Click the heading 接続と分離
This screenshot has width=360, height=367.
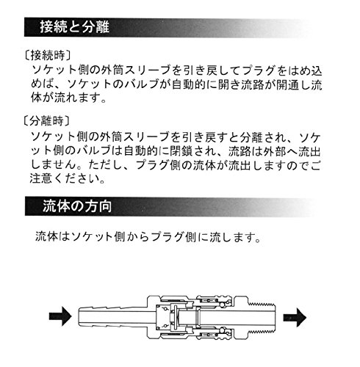click(x=75, y=26)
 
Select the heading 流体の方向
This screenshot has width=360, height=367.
click(x=77, y=206)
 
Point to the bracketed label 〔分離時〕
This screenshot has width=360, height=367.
click(x=46, y=121)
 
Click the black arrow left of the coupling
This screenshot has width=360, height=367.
click(x=60, y=316)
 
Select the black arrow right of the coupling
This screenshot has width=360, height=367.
click(x=295, y=317)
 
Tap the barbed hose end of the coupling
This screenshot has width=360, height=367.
click(x=112, y=316)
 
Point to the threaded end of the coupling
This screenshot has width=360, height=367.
click(x=262, y=317)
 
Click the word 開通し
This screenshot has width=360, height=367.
click(x=293, y=84)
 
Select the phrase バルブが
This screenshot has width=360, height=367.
click(x=147, y=84)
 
